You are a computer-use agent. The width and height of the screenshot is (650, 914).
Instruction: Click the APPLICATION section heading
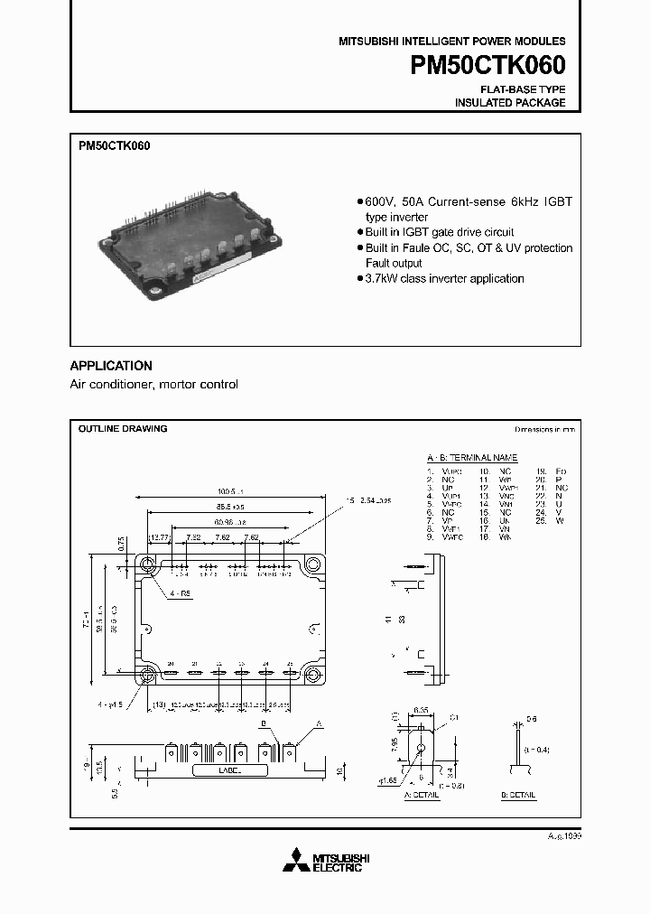point(111,366)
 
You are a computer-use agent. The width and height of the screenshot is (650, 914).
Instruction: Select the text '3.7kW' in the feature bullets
point(380,278)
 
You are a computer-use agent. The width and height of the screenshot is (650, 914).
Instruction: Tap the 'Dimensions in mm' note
point(544,431)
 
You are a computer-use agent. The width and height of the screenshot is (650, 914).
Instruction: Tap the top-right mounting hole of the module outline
point(313,564)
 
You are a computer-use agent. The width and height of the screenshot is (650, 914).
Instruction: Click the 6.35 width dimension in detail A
point(421,711)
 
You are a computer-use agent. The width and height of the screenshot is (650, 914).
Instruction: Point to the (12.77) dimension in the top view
point(160,537)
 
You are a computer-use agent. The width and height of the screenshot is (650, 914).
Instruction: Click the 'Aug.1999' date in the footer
point(562,837)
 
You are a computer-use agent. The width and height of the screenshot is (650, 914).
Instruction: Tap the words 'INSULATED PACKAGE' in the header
point(510,103)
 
